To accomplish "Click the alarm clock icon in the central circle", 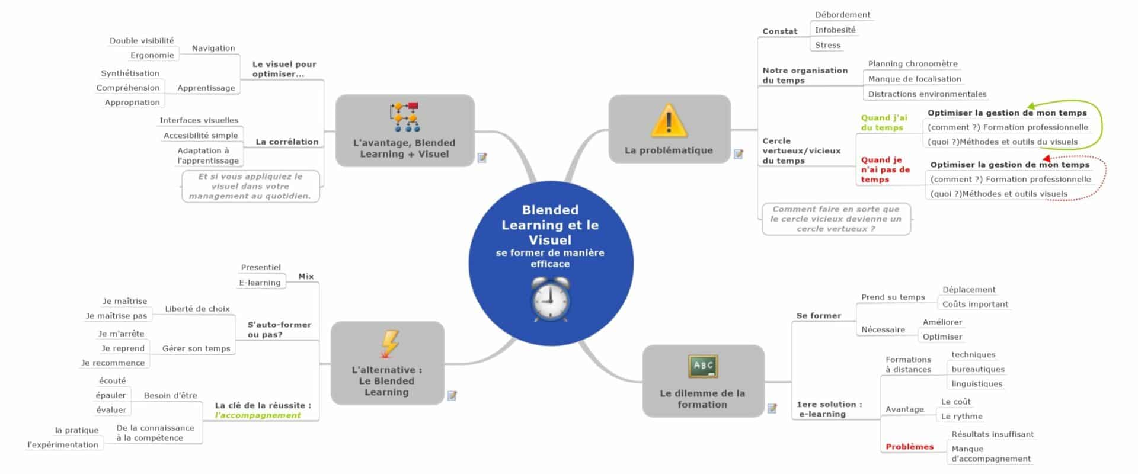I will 550,299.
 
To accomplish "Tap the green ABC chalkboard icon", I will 702,367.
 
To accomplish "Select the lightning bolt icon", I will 389,344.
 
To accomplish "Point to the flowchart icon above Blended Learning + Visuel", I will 404,117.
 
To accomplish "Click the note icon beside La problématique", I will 739,154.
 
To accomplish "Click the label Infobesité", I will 835,30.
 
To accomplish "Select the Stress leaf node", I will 827,45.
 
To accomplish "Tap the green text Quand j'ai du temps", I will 884,123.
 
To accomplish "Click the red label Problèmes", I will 909,447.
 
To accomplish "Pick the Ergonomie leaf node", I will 152,55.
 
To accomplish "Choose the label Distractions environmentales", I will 927,94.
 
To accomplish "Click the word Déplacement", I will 968,290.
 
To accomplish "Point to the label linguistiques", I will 977,384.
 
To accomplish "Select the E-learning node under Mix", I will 260,283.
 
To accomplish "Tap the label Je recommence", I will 113,363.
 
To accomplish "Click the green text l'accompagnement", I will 258,415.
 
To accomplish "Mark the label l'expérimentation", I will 63,445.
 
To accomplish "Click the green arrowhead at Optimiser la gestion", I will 1032,107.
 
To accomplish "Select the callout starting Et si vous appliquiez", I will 250,186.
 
